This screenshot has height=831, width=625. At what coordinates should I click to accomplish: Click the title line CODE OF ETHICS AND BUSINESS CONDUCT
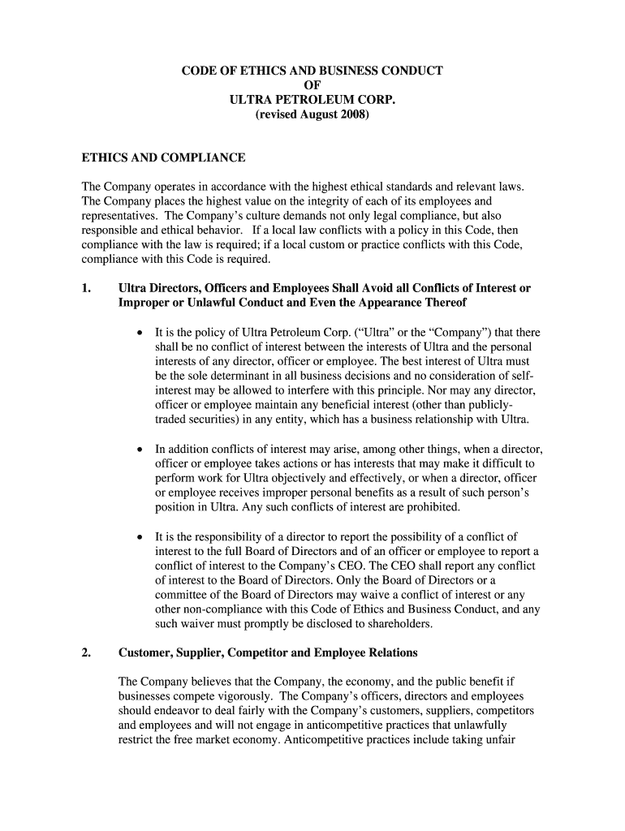pyautogui.click(x=312, y=71)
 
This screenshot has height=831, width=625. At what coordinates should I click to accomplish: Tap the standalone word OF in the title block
pyautogui.click(x=312, y=86)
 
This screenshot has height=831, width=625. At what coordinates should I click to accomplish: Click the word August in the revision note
pyautogui.click(x=317, y=115)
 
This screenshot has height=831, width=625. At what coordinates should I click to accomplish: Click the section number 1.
pyautogui.click(x=87, y=288)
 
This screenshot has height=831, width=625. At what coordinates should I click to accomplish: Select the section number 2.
pyautogui.click(x=87, y=652)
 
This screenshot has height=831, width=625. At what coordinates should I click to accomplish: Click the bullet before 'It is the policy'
pyautogui.click(x=140, y=333)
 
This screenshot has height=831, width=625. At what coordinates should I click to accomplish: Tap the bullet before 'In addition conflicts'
pyautogui.click(x=140, y=449)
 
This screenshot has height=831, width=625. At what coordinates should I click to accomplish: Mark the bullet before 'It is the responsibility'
pyautogui.click(x=140, y=536)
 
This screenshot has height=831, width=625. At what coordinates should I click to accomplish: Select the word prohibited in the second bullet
pyautogui.click(x=433, y=507)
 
